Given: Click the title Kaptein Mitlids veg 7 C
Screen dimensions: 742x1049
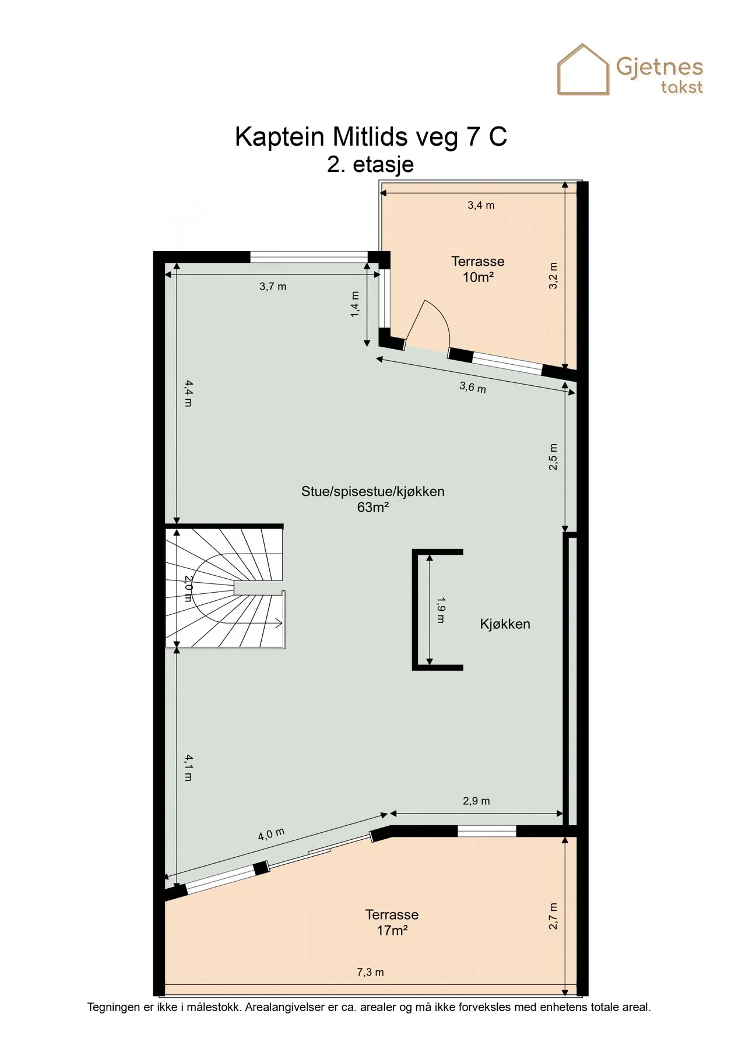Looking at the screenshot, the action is pyautogui.click(x=371, y=136).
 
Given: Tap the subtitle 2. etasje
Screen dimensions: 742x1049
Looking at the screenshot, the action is pyautogui.click(x=371, y=164).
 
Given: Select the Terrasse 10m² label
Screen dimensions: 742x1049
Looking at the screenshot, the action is pyautogui.click(x=478, y=269).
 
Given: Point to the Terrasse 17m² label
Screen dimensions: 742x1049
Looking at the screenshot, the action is pyautogui.click(x=392, y=923).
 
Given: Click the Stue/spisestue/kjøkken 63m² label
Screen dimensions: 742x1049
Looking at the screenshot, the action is pyautogui.click(x=373, y=499).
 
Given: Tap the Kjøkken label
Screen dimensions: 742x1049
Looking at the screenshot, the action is pyautogui.click(x=505, y=624).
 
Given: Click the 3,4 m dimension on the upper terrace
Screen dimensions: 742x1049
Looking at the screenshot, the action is pyautogui.click(x=481, y=205).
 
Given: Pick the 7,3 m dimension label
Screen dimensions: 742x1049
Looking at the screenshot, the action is pyautogui.click(x=370, y=972).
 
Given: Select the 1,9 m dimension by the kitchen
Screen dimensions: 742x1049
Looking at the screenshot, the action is pyautogui.click(x=441, y=610).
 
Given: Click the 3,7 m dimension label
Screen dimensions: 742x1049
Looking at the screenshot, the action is pyautogui.click(x=273, y=287).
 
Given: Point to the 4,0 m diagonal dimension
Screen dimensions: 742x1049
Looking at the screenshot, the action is pyautogui.click(x=272, y=834).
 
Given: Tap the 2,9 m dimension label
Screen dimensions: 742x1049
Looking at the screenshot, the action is pyautogui.click(x=476, y=801).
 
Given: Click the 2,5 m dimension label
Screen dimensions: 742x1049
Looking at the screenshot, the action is pyautogui.click(x=553, y=457).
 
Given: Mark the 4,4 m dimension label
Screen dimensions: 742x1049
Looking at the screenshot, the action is pyautogui.click(x=188, y=393).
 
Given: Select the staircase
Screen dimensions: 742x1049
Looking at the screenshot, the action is pyautogui.click(x=224, y=587).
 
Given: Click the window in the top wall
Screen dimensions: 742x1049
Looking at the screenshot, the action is pyautogui.click(x=309, y=256).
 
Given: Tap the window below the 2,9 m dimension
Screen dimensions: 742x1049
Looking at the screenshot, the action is pyautogui.click(x=487, y=831).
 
